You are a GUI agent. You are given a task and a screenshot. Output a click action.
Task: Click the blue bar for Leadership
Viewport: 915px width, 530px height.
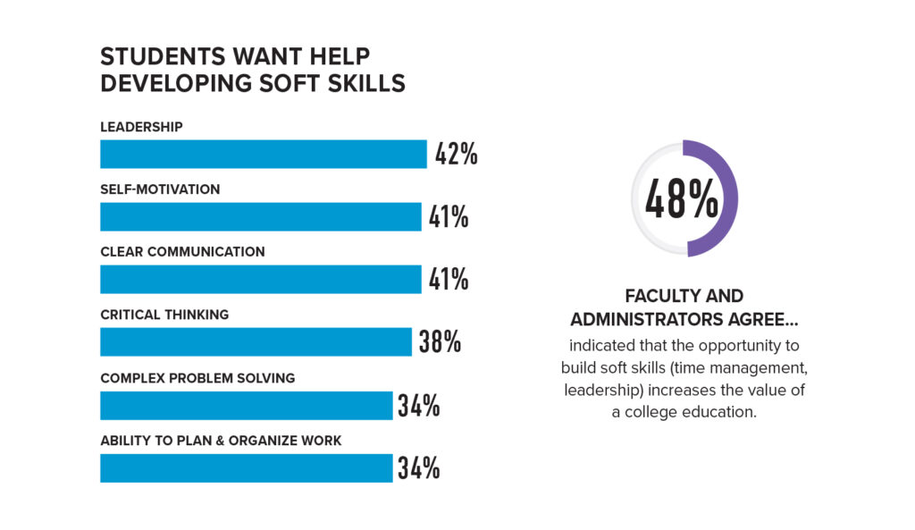click(263, 154)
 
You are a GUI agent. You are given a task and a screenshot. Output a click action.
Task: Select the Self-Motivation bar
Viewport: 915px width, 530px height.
click(260, 216)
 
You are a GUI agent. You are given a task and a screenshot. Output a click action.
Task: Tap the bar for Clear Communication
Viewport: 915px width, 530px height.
click(260, 279)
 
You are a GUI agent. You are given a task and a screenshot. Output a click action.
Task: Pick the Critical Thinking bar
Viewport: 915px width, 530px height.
click(256, 341)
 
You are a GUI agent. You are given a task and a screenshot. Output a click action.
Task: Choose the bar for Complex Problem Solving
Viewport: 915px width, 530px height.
click(246, 405)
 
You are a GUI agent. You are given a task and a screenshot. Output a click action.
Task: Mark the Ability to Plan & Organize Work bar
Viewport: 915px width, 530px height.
click(246, 467)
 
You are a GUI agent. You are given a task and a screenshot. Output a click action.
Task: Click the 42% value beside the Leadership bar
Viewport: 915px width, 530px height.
click(456, 154)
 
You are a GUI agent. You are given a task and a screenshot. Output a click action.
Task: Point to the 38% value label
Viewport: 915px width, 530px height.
click(440, 341)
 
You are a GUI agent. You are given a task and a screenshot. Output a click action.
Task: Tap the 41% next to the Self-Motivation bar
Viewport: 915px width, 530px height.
click(448, 216)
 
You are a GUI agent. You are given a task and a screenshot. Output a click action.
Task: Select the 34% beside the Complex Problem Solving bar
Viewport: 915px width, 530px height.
click(419, 405)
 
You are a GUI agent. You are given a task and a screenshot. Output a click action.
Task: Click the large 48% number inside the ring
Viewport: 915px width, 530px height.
click(682, 198)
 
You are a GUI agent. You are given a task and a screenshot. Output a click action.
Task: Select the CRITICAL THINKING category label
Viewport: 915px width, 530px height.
click(164, 315)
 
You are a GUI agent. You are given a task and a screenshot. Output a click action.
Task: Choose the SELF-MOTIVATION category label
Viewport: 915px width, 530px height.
click(160, 189)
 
